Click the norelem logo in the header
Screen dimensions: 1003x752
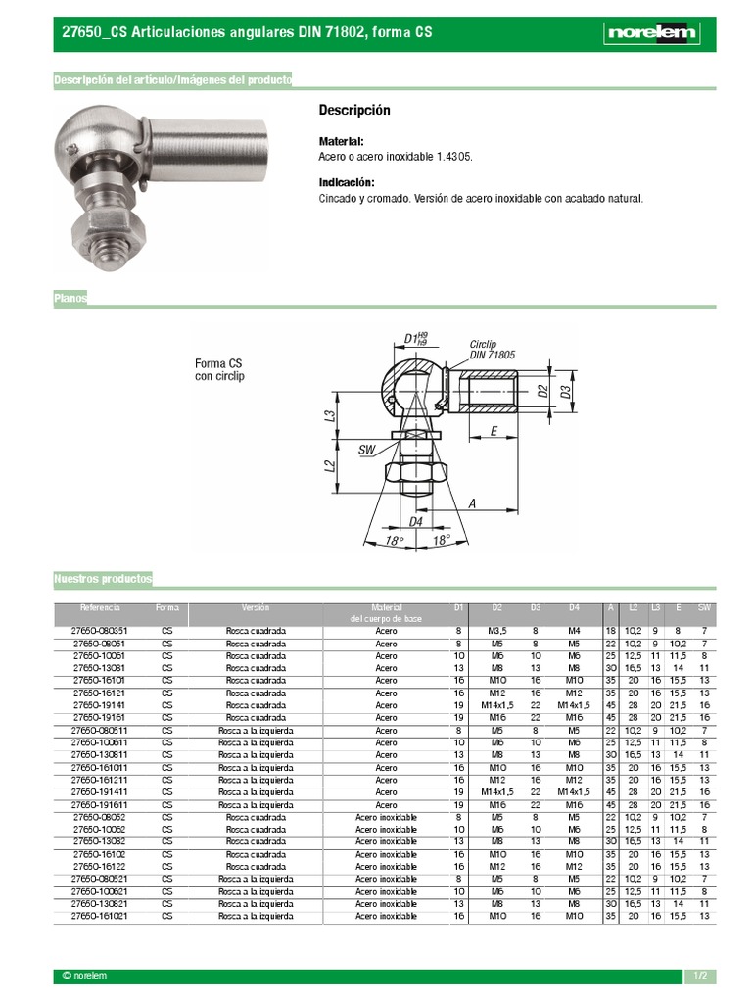(652, 33)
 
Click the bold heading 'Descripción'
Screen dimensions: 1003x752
(354, 110)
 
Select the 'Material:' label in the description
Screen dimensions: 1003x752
(342, 141)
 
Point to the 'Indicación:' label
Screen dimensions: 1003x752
(347, 182)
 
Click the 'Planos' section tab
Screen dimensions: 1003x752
(70, 298)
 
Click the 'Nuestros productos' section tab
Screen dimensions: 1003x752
(103, 580)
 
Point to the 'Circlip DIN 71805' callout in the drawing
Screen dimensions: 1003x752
(492, 351)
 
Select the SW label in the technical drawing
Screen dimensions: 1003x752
(367, 450)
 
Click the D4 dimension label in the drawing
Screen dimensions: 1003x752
(415, 522)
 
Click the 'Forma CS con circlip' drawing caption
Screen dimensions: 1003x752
(219, 369)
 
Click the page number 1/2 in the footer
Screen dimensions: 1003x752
(700, 976)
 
